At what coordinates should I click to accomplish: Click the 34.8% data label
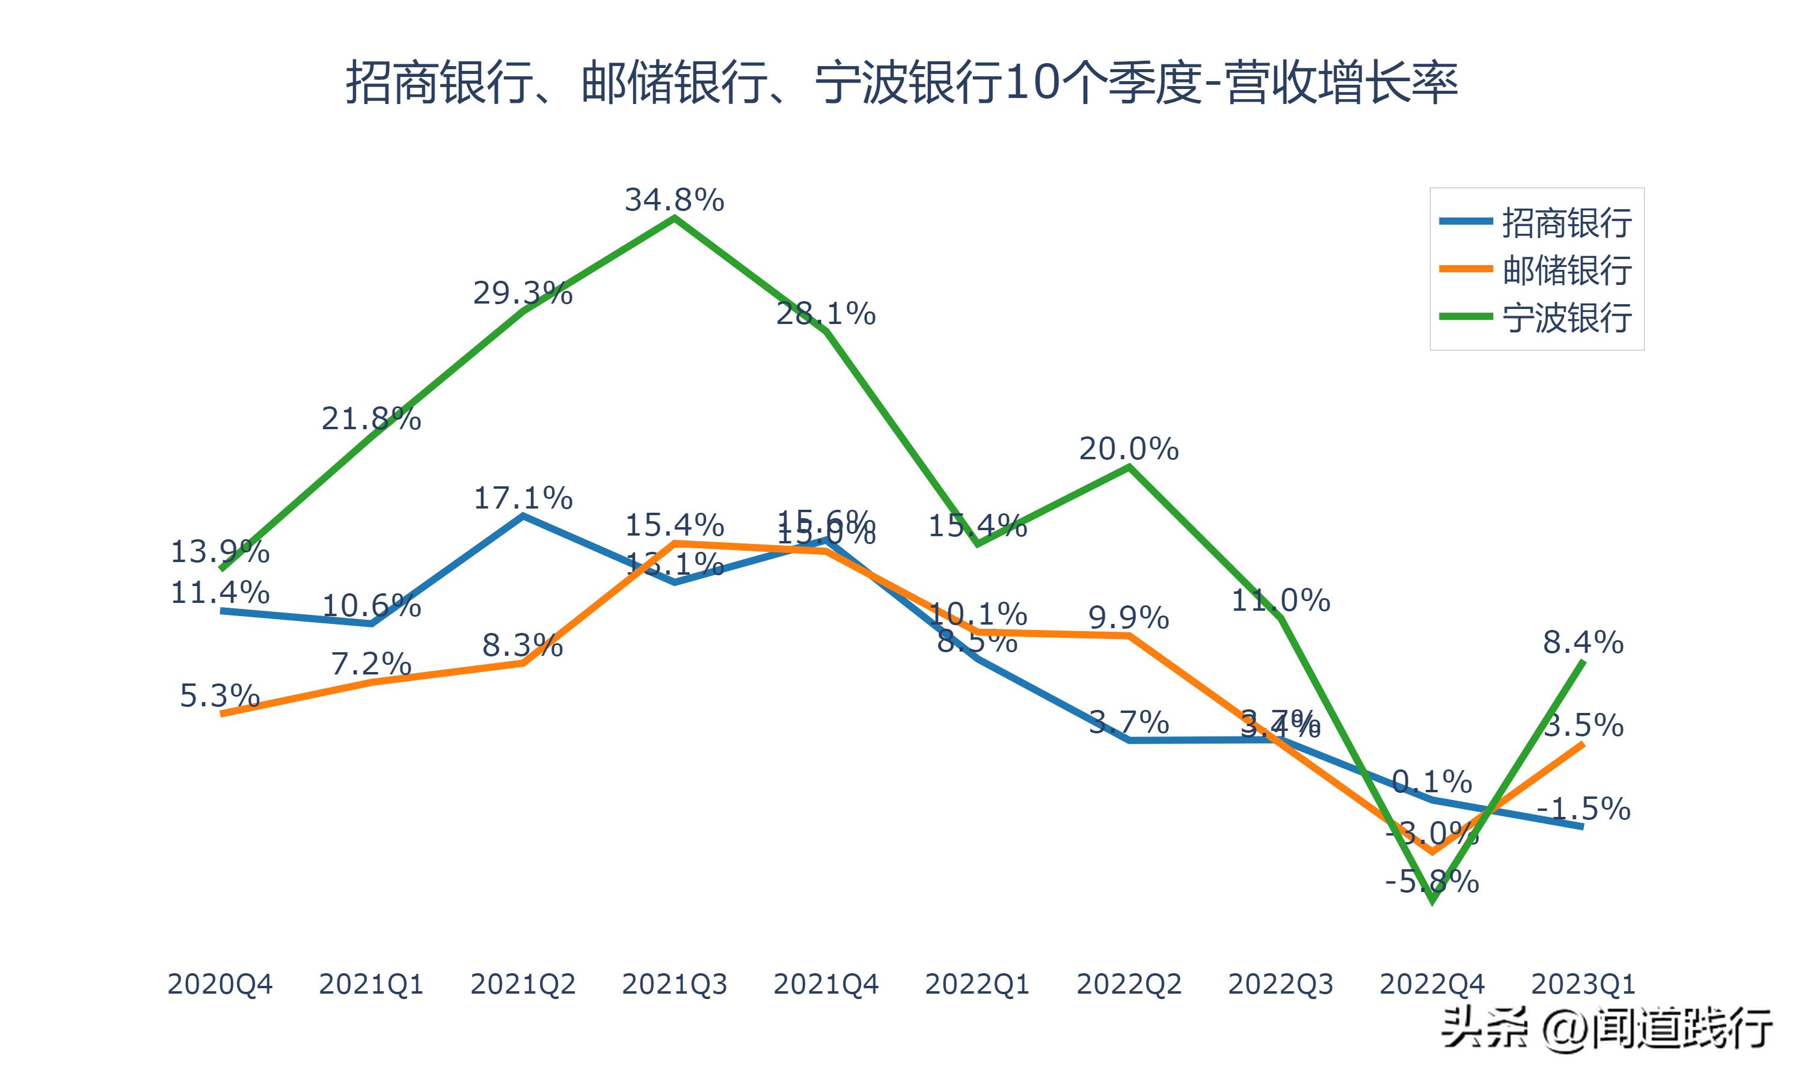[x=675, y=200]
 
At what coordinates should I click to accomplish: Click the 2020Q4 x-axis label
[x=219, y=984]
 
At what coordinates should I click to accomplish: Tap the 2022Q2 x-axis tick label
[x=1129, y=984]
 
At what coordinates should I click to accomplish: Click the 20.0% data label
[x=1129, y=449]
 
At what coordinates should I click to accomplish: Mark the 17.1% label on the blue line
[x=523, y=498]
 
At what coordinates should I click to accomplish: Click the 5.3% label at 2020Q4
[x=219, y=696]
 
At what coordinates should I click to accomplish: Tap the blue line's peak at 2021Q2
[x=523, y=516]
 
